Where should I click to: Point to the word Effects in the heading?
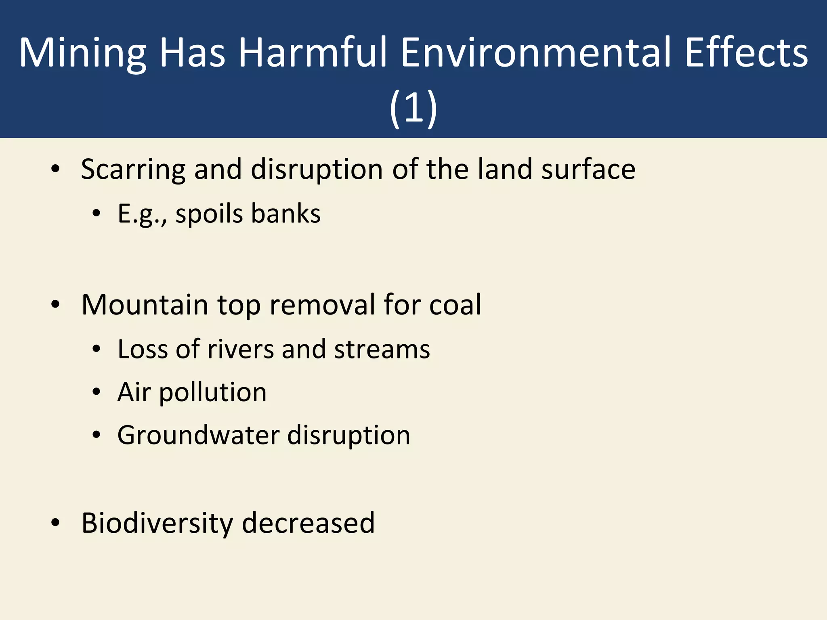[x=747, y=52]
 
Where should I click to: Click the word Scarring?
[x=133, y=170]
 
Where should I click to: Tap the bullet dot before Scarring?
[x=56, y=169]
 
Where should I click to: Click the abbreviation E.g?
[x=142, y=214]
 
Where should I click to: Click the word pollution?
[x=213, y=393]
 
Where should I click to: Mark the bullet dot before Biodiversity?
[x=56, y=523]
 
